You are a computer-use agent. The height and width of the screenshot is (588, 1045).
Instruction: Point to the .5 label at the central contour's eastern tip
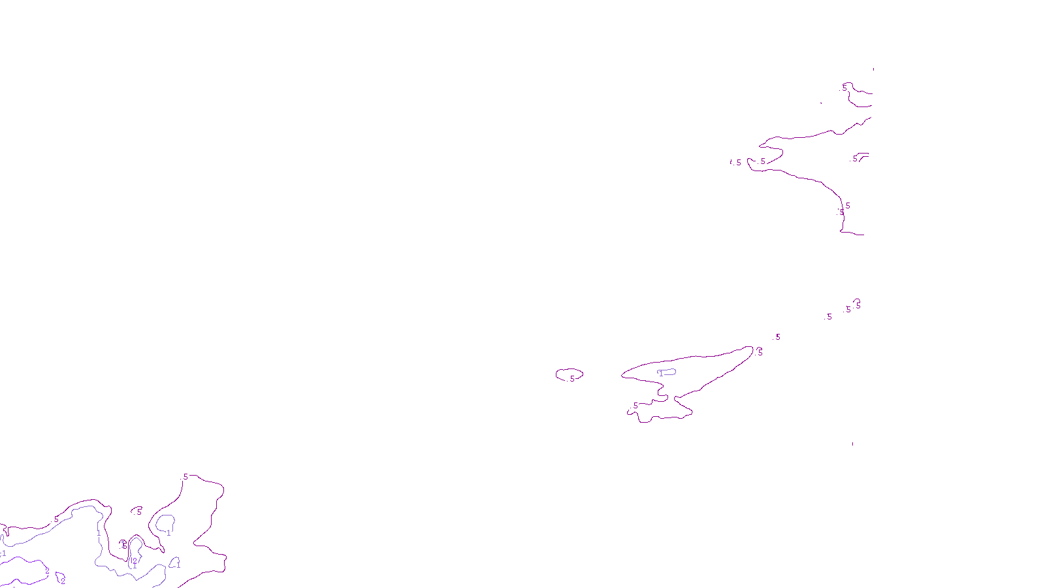point(760,352)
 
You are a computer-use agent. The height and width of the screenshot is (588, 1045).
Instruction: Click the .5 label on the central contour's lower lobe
point(635,406)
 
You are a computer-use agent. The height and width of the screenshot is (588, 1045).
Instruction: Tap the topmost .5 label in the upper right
point(844,87)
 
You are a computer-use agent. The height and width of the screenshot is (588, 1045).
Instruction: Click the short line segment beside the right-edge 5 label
point(863,155)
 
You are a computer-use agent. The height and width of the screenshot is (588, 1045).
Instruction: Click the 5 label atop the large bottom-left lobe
point(185,477)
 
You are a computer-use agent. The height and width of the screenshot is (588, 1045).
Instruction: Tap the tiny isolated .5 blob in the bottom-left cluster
point(137,510)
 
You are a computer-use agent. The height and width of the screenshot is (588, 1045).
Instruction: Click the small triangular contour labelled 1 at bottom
point(175,562)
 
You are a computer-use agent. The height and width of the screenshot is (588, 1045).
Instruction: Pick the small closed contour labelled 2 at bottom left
point(61,578)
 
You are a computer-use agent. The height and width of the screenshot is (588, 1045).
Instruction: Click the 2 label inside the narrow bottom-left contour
point(135,561)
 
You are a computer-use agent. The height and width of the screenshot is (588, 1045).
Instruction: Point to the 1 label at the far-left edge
point(4,553)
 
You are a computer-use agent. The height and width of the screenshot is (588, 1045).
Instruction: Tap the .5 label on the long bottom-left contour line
point(56,519)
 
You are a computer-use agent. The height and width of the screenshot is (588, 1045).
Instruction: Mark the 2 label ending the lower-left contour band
point(47,571)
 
